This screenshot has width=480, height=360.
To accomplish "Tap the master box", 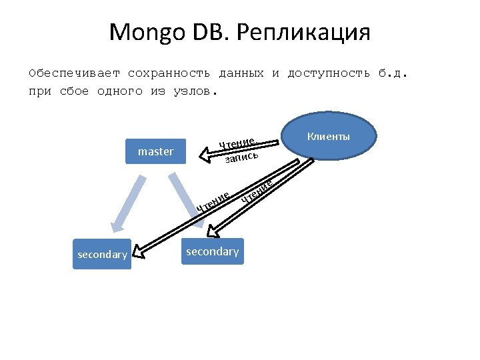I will click(x=155, y=151).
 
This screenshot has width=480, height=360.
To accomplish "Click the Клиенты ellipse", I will click(x=328, y=137).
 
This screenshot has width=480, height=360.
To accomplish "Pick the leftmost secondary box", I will click(x=102, y=254).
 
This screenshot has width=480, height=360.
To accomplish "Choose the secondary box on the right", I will click(x=212, y=251).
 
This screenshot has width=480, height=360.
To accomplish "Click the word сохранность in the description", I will click(x=169, y=73).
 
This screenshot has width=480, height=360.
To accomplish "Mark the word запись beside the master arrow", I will click(x=241, y=157).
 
